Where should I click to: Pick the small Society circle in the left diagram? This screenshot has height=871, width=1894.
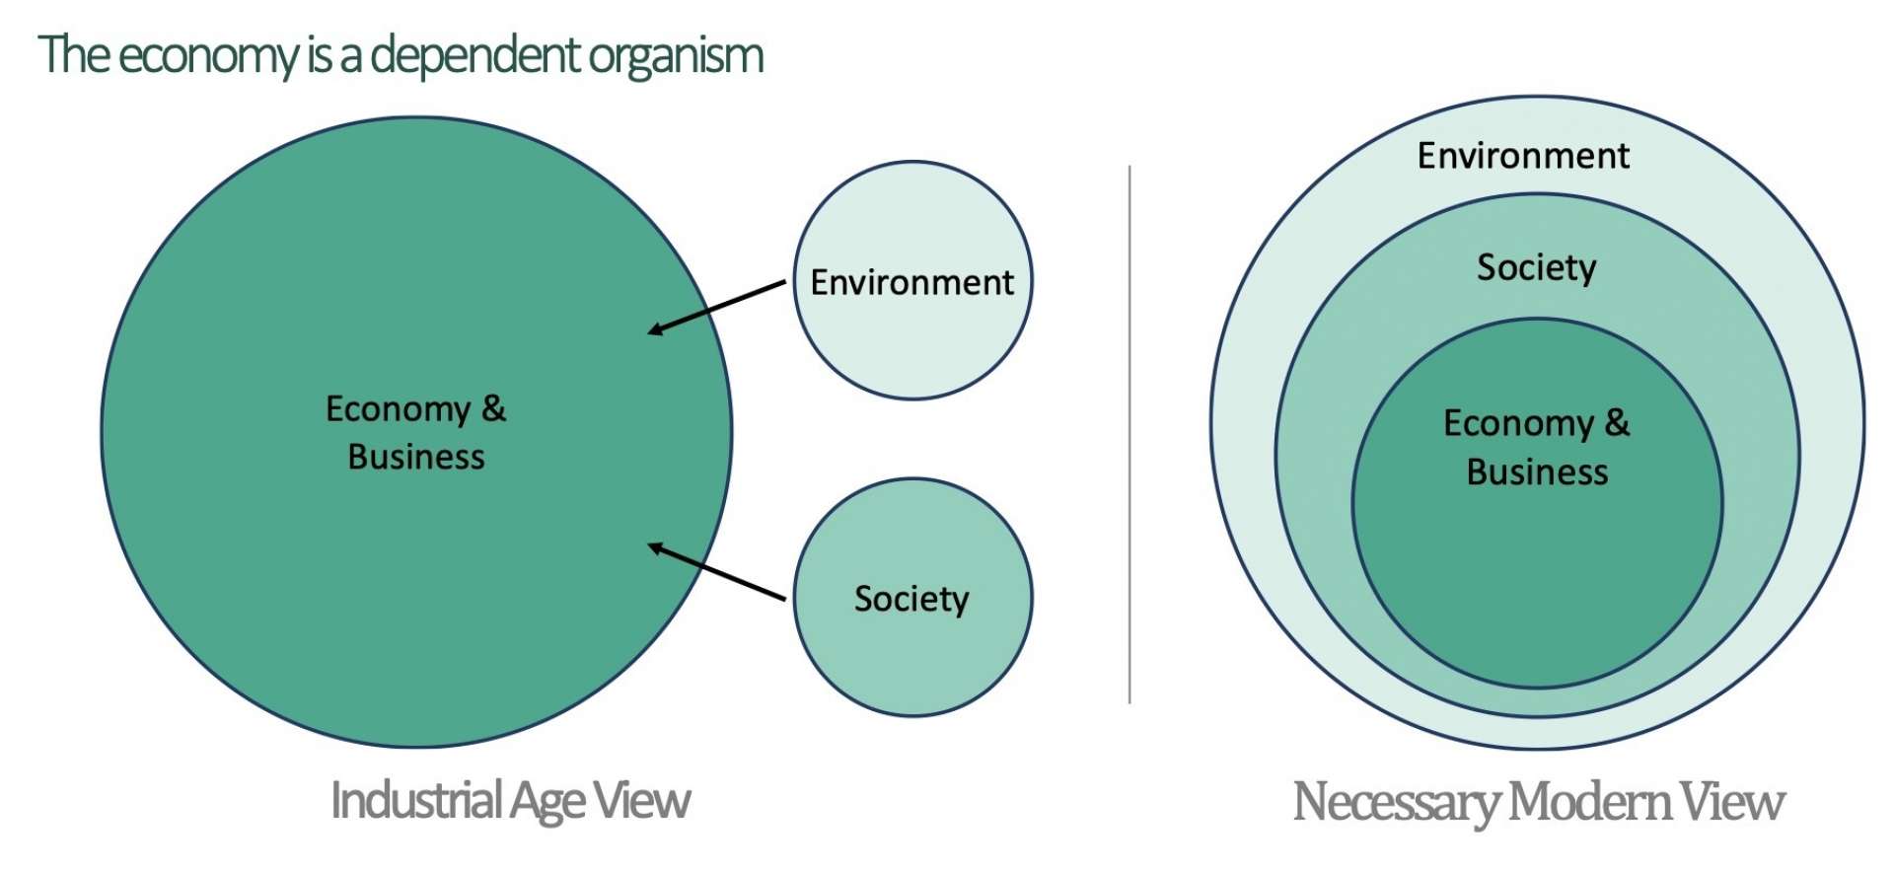pyautogui.click(x=912, y=651)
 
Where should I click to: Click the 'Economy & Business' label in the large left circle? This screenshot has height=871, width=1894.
pyautogui.click(x=416, y=432)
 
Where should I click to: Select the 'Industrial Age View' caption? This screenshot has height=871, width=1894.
pyautogui.click(x=510, y=800)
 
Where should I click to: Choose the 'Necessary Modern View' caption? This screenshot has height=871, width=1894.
pyautogui.click(x=1538, y=802)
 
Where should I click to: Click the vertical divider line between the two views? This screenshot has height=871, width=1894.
pyautogui.click(x=1129, y=434)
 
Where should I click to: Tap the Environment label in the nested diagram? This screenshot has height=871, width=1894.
pyautogui.click(x=1523, y=156)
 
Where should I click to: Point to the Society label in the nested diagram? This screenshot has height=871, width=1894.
pyautogui.click(x=1536, y=267)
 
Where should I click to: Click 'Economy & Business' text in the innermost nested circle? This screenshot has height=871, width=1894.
pyautogui.click(x=1537, y=447)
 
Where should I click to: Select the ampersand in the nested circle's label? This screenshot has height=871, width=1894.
pyautogui.click(x=1617, y=422)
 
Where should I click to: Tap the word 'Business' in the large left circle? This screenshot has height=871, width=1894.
pyautogui.click(x=416, y=457)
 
